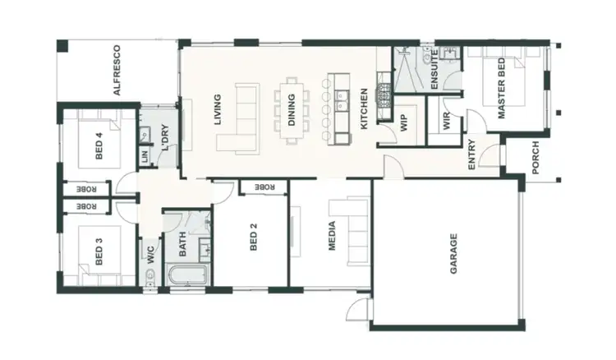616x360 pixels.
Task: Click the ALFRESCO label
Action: point(117,71)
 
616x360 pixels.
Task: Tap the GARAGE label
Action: point(453,253)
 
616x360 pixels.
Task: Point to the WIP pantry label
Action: point(405,122)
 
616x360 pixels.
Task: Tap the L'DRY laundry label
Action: point(164,136)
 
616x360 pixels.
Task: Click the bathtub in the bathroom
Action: point(188,276)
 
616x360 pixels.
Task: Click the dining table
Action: point(292,109)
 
